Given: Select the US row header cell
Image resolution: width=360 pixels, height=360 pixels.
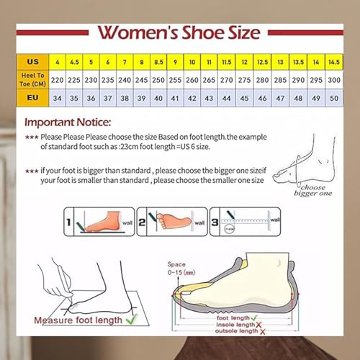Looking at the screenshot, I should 32,63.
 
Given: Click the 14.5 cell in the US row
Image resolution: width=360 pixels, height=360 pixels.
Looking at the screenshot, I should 333,63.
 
